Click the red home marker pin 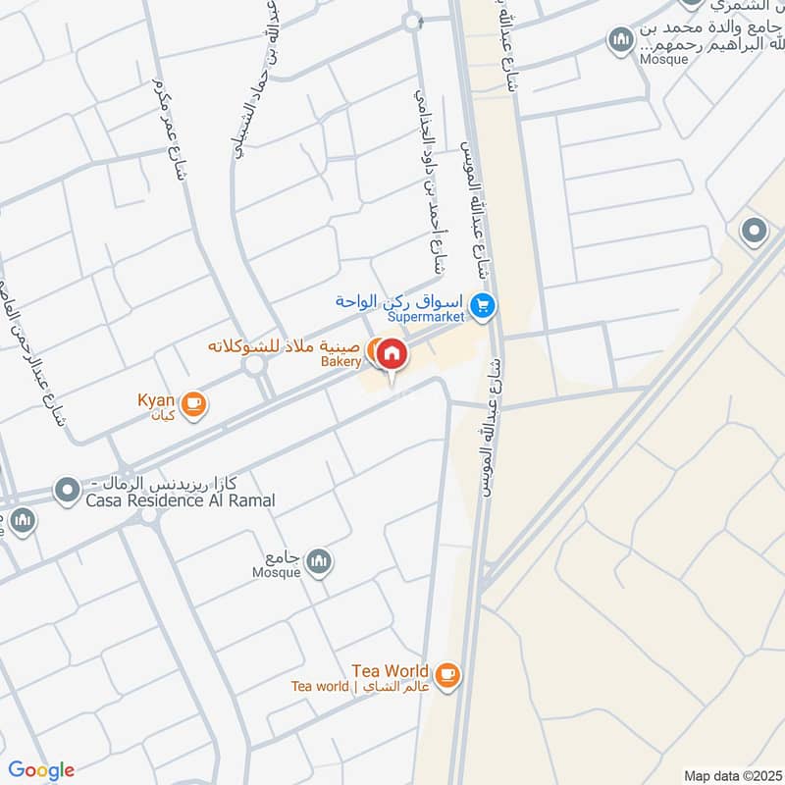[x=392, y=355]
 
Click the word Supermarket [x=428, y=317]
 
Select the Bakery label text [x=341, y=362]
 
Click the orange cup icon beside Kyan [x=193, y=403]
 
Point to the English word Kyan [x=156, y=400]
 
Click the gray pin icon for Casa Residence [x=68, y=488]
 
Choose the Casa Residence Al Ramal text [x=180, y=500]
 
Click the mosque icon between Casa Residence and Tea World [x=318, y=561]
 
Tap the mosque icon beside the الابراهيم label [x=619, y=41]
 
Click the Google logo [x=41, y=770]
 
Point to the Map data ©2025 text [x=731, y=775]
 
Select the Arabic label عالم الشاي [x=391, y=687]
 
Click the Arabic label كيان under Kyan [x=163, y=416]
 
